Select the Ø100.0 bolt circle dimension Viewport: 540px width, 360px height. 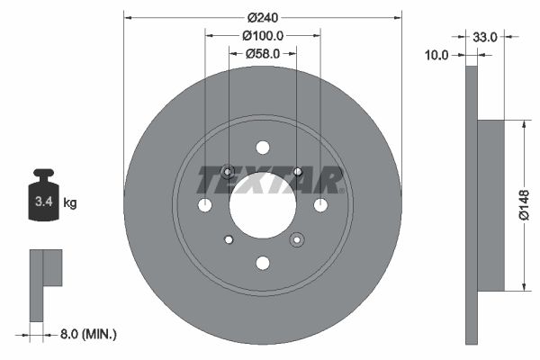[263, 36]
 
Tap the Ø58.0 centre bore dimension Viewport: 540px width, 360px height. [263, 54]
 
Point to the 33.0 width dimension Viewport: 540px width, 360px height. [485, 37]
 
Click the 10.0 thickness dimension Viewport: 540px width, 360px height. [436, 55]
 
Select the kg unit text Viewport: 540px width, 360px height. [70, 203]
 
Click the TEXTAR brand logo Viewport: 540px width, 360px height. [270, 180]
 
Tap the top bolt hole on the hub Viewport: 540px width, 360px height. [263, 148]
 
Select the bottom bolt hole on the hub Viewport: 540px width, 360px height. [263, 263]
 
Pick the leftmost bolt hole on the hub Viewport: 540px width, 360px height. [205, 205]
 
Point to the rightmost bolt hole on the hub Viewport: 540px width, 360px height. [320, 205]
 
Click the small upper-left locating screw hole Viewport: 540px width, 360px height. [228, 171]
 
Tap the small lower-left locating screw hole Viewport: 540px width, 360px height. [229, 238]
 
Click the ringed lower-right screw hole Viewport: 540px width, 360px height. [297, 239]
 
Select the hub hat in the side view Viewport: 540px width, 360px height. [490, 205]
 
